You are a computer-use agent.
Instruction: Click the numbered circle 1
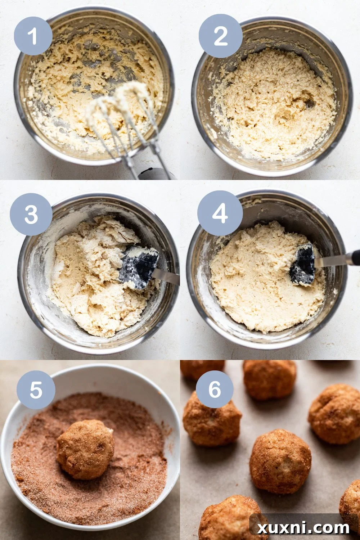[33, 36]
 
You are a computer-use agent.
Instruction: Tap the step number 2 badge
[220, 36]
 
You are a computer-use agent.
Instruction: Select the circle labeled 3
[31, 215]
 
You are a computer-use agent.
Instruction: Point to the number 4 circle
[220, 213]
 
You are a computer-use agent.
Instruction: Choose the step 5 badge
[36, 390]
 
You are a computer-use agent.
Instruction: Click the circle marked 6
[215, 389]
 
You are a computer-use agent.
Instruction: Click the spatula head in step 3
[139, 267]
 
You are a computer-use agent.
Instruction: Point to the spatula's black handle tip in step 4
[356, 257]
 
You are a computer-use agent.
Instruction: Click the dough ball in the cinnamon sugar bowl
[85, 449]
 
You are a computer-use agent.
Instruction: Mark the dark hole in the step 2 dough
[309, 104]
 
